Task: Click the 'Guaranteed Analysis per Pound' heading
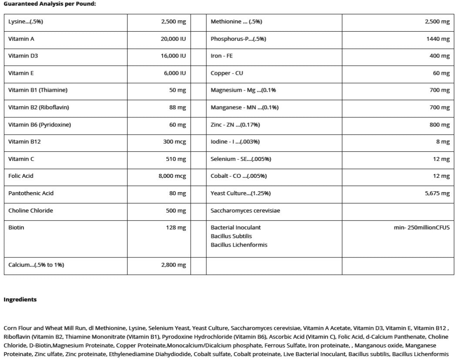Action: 50,3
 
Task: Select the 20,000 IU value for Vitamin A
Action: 173,39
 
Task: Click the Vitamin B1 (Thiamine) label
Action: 38,90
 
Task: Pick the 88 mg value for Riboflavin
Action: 178,107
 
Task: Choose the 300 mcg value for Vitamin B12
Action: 174,141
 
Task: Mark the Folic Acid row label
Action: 20,176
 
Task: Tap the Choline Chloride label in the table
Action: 30,210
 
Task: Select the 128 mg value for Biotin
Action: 176,227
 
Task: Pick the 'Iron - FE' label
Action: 222,56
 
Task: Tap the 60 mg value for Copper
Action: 441,73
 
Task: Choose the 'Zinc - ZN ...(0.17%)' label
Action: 235,125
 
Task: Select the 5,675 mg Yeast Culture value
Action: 437,193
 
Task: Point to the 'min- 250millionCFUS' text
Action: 422,227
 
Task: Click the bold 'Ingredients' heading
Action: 20,299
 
